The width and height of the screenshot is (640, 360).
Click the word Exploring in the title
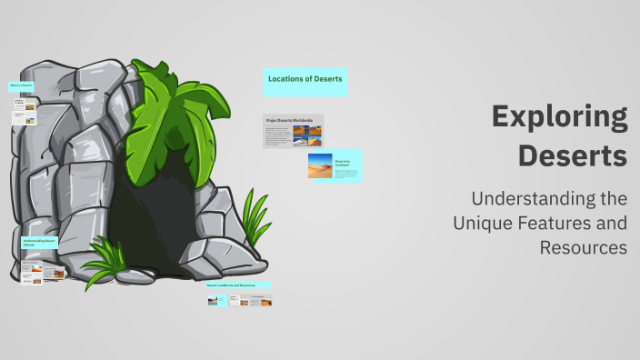[x=559, y=117]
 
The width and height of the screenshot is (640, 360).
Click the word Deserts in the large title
[x=573, y=155]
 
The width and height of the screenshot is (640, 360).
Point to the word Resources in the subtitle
[x=583, y=247]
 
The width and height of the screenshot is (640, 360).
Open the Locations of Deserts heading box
[x=305, y=80]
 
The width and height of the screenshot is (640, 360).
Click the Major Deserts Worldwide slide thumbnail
[x=293, y=131]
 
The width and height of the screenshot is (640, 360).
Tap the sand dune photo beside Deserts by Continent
[x=320, y=165]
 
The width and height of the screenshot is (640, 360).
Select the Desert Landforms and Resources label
[x=239, y=286]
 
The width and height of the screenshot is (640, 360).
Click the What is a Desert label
[x=22, y=85]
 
